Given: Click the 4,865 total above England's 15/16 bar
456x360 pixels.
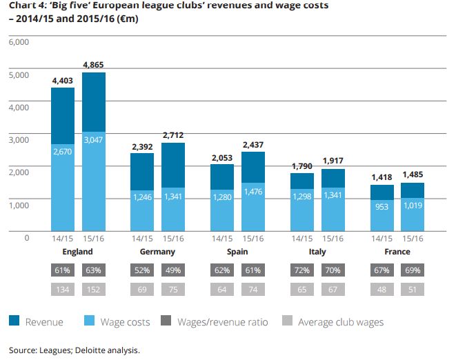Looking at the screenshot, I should (94, 65).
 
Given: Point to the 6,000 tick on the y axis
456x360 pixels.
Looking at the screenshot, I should (19, 42).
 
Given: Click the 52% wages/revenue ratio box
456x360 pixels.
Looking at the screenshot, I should (143, 270).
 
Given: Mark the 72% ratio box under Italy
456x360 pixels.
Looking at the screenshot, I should (302, 270).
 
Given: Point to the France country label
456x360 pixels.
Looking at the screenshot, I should (397, 252).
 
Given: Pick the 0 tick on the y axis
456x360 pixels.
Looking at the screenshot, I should (26, 237).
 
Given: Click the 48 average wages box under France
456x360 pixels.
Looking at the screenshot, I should (382, 290).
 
